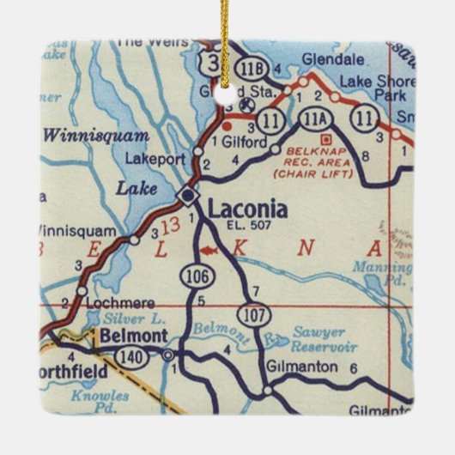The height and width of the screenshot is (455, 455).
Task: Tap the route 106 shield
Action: point(193,275)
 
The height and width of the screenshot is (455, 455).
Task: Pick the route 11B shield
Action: point(252,70)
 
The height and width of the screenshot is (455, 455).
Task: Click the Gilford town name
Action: point(245,143)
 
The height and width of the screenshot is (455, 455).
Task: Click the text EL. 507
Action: point(248,226)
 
